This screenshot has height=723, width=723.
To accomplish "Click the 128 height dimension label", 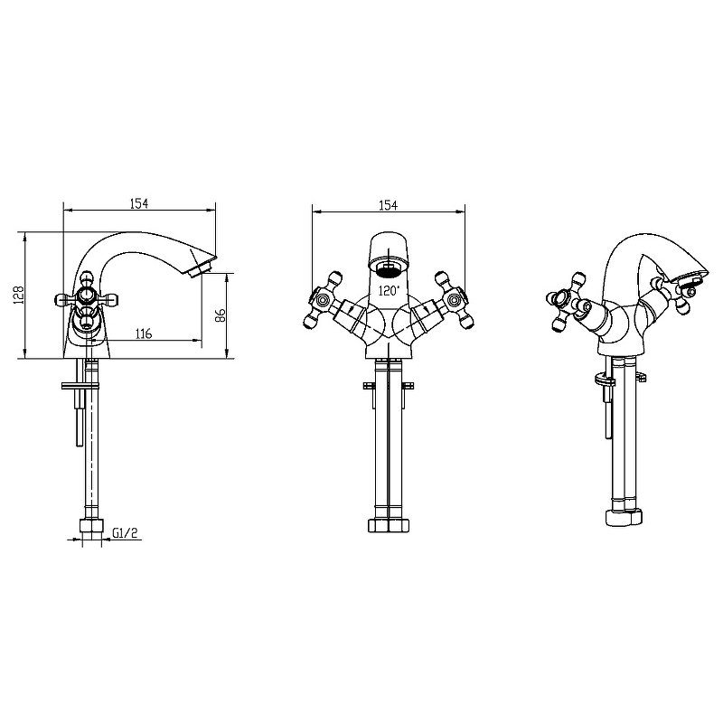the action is pyautogui.click(x=19, y=295).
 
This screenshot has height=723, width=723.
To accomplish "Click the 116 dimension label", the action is pyautogui.click(x=144, y=333).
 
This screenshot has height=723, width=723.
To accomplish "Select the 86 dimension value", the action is pyautogui.click(x=221, y=315).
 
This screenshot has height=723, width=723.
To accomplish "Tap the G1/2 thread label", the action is pyautogui.click(x=125, y=533).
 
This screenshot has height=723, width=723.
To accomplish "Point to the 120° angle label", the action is pyautogui.click(x=389, y=291).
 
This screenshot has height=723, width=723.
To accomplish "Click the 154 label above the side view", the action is pyautogui.click(x=139, y=203).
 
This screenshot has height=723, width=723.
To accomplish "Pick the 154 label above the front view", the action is pyautogui.click(x=389, y=205).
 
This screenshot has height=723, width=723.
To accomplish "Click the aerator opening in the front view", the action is pyautogui.click(x=389, y=268).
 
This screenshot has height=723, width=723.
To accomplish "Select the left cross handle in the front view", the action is pyautogui.click(x=323, y=301).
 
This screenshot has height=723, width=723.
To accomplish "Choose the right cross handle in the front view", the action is pyautogui.click(x=454, y=301).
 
